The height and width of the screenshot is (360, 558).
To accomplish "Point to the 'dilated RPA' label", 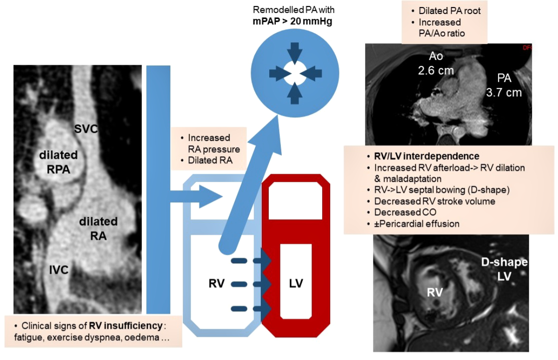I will [58, 162].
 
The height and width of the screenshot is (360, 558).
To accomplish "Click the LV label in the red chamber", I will [295, 283].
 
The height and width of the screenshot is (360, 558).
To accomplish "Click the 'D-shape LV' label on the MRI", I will [505, 269].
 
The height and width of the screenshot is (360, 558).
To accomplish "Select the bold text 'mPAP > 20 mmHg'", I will [293, 21].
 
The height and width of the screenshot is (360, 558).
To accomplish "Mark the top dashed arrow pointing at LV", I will [251, 260].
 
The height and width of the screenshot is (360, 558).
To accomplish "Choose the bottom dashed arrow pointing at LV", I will [251, 308].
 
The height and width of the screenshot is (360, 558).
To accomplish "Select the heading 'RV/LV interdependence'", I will [426, 156].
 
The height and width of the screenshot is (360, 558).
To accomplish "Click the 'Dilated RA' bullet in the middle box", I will [209, 160].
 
